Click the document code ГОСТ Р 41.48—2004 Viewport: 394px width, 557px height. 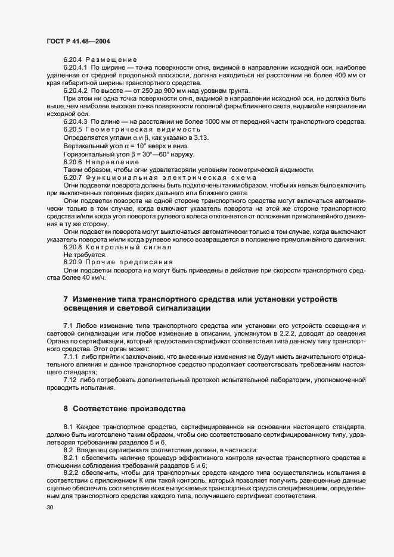pyautogui.click(x=76, y=40)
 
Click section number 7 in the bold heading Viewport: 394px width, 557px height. pyautogui.click(x=66, y=298)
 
